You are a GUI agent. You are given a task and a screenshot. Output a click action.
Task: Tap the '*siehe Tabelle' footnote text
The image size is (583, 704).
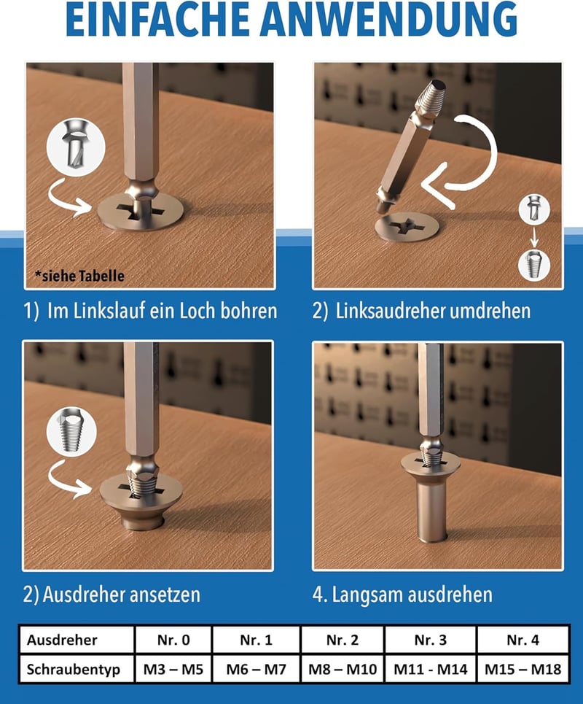(79, 276)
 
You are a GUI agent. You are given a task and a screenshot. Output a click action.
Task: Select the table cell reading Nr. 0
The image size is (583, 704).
(173, 640)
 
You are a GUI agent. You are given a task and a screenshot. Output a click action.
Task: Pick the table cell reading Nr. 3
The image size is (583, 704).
(431, 640)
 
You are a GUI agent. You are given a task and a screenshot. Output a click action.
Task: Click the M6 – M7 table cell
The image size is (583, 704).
(256, 669)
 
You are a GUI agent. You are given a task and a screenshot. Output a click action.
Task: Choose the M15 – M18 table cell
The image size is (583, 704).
(523, 669)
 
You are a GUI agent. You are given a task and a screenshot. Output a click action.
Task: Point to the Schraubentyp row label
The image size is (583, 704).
(74, 669)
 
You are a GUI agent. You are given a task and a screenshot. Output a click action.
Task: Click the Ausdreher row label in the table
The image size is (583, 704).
(62, 640)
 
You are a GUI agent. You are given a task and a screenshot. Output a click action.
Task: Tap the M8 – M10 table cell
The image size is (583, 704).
(343, 669)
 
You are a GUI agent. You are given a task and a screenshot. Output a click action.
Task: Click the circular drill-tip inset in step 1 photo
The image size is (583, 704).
(76, 147)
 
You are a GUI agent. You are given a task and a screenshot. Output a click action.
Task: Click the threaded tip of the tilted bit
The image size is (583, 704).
(431, 95)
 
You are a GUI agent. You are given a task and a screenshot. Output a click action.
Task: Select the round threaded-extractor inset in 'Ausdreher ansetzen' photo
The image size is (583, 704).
(71, 431)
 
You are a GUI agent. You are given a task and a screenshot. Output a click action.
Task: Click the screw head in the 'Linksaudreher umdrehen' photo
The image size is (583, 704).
(407, 227)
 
